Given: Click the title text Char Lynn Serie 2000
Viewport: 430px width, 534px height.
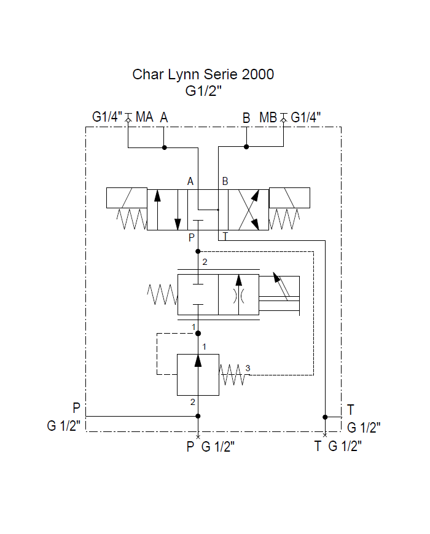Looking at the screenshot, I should coord(203,75).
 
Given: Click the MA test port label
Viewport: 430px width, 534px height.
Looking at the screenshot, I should coord(144,117).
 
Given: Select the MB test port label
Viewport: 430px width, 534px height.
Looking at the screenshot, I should coord(268,117).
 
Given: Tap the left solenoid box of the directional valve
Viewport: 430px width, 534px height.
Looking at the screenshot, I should coord(127,198).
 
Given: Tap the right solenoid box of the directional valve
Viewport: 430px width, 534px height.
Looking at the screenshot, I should coord(289,198).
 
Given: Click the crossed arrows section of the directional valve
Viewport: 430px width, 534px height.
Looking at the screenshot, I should coord(248,210).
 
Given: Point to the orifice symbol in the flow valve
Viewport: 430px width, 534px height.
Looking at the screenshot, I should coord(238,295).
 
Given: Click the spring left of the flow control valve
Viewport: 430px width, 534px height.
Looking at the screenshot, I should coord(162,294).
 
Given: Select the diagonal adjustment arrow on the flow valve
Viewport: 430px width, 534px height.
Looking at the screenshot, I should coord(282,285).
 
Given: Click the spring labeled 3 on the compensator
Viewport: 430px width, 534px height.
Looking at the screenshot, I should coord(233,374).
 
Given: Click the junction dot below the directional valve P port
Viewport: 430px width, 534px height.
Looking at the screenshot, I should coord(198,251).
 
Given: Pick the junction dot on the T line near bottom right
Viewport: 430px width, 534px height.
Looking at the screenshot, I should coord(325,417).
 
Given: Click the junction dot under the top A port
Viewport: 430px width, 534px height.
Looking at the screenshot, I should coord(164,147).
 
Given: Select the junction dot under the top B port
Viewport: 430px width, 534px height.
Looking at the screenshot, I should coord(246,147).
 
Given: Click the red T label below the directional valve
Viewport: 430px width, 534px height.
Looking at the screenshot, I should coord(225,237).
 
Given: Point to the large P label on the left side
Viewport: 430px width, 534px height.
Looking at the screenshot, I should coord(76,408).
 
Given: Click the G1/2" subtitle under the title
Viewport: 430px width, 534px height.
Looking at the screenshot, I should coord(203,92).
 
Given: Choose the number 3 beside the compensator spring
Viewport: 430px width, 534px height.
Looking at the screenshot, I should coord(248,368).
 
